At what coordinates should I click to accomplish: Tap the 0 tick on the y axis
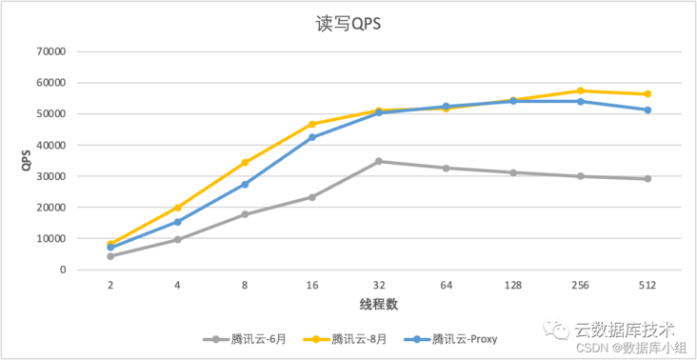[62, 270]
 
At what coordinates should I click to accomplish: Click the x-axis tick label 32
[379, 285]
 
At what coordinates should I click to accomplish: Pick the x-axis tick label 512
[647, 285]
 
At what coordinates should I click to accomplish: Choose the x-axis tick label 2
[110, 285]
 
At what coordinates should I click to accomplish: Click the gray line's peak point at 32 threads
[379, 161]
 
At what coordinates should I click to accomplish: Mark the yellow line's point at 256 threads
[580, 90]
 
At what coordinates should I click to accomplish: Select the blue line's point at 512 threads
[647, 110]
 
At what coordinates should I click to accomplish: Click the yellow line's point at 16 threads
[311, 124]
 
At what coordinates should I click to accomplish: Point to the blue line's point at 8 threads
[245, 184]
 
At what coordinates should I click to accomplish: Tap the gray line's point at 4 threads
[177, 239]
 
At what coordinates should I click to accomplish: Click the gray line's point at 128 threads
[513, 172]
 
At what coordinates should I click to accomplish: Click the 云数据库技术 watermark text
[624, 329]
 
